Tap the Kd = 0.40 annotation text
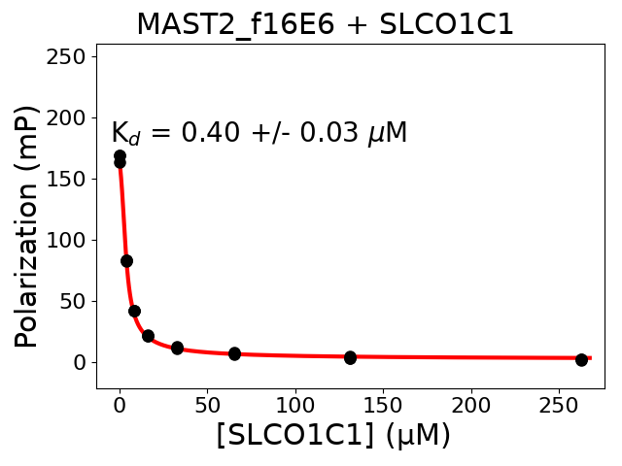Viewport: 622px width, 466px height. (259, 133)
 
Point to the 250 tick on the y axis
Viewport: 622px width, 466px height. (70, 56)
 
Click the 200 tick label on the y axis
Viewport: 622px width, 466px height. (70, 117)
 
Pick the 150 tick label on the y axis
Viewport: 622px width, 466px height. (70, 179)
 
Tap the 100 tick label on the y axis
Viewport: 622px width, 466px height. (70, 240)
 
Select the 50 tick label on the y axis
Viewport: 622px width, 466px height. (76, 301)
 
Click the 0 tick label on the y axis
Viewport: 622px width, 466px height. (82, 362)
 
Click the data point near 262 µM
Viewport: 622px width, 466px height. (581, 359)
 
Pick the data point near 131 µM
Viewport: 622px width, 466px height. (350, 357)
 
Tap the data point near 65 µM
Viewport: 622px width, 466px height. (234, 353)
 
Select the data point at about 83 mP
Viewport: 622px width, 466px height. (126, 260)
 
